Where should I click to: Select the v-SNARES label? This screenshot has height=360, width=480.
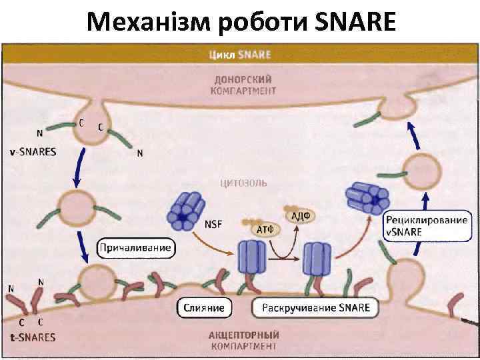coord(33,151)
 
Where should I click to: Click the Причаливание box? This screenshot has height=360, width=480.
coord(135,249)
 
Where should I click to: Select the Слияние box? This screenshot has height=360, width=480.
coord(204,308)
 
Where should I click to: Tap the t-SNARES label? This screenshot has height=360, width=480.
coord(33,337)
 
